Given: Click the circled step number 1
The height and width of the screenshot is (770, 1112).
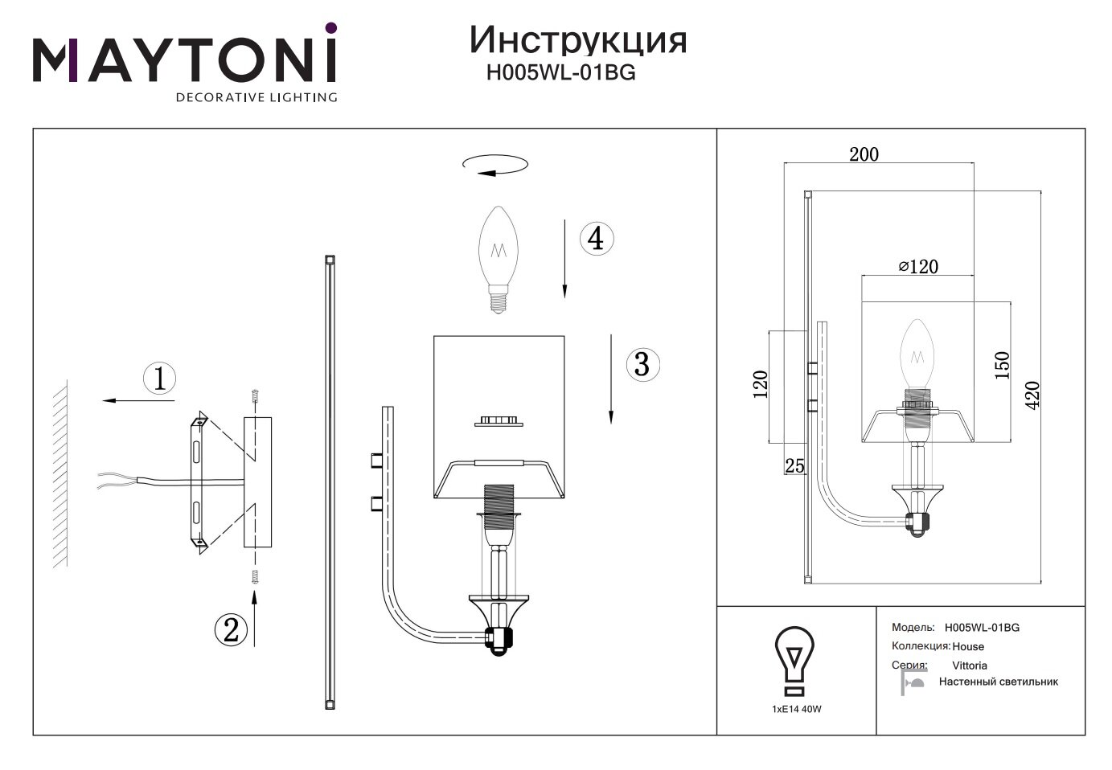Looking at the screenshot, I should [159, 378].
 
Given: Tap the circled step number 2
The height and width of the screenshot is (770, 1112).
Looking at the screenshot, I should [231, 629].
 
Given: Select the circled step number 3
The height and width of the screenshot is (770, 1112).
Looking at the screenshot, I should [642, 364].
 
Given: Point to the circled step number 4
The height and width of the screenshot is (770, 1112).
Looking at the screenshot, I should [596, 239].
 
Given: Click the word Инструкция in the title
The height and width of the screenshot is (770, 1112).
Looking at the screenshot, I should [578, 39].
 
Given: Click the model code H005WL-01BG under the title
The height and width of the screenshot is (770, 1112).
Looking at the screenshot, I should [561, 73].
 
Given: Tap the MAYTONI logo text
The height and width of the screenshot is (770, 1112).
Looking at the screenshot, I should [184, 59].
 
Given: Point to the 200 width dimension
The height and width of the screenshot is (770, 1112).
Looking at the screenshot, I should [864, 154].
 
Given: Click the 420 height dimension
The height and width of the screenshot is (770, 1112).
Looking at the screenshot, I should [1032, 394].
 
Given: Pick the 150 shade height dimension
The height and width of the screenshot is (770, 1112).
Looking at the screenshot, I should [1002, 366].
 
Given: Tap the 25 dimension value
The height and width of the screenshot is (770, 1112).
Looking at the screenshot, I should [794, 466].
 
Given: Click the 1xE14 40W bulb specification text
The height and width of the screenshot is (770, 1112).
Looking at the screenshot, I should [796, 709].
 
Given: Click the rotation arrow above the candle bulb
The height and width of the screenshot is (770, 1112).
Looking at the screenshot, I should [495, 165].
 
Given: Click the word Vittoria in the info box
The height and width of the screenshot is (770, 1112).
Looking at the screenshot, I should [970, 666].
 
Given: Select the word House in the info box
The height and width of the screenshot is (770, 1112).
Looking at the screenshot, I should [968, 646].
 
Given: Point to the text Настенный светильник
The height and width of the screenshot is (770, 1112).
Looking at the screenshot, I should [999, 682].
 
